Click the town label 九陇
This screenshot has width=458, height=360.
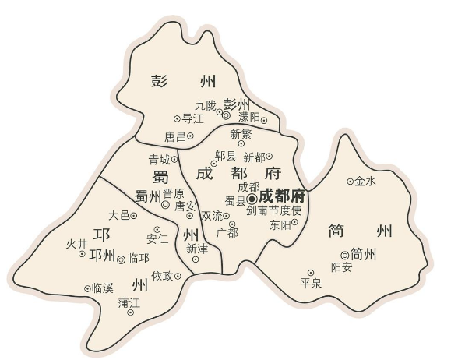tap(205, 104)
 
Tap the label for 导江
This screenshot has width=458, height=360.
tap(192, 118)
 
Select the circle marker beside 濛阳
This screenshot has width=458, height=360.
tap(264, 120)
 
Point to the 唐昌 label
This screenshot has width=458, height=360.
tap(174, 136)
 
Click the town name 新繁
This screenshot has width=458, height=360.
tap(241, 133)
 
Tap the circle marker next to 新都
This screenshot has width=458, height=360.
tap(270, 157)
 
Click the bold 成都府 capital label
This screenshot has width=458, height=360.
tap(282, 196)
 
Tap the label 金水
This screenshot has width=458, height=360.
tap(365, 182)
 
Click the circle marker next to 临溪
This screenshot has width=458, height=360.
tap(87, 288)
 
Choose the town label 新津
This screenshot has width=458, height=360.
tap(197, 249)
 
